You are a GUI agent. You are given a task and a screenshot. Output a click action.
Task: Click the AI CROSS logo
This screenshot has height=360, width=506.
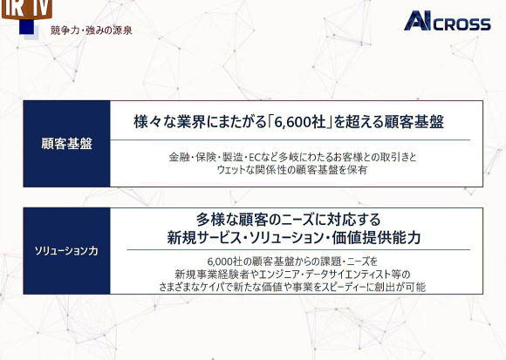coord(448,21)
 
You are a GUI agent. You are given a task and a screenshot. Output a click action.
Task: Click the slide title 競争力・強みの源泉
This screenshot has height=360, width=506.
coord(92,31)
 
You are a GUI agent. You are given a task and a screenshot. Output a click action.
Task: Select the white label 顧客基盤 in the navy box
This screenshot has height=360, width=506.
coord(67,144)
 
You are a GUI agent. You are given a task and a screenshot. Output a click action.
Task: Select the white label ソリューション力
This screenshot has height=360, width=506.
coord(66,251)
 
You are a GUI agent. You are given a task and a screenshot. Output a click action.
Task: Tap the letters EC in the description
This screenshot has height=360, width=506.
coord(255,158)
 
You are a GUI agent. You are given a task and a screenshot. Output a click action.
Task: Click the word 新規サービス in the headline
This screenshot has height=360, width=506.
coord(203,238)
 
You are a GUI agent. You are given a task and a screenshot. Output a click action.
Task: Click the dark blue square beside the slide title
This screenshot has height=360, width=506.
coord(26,27)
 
